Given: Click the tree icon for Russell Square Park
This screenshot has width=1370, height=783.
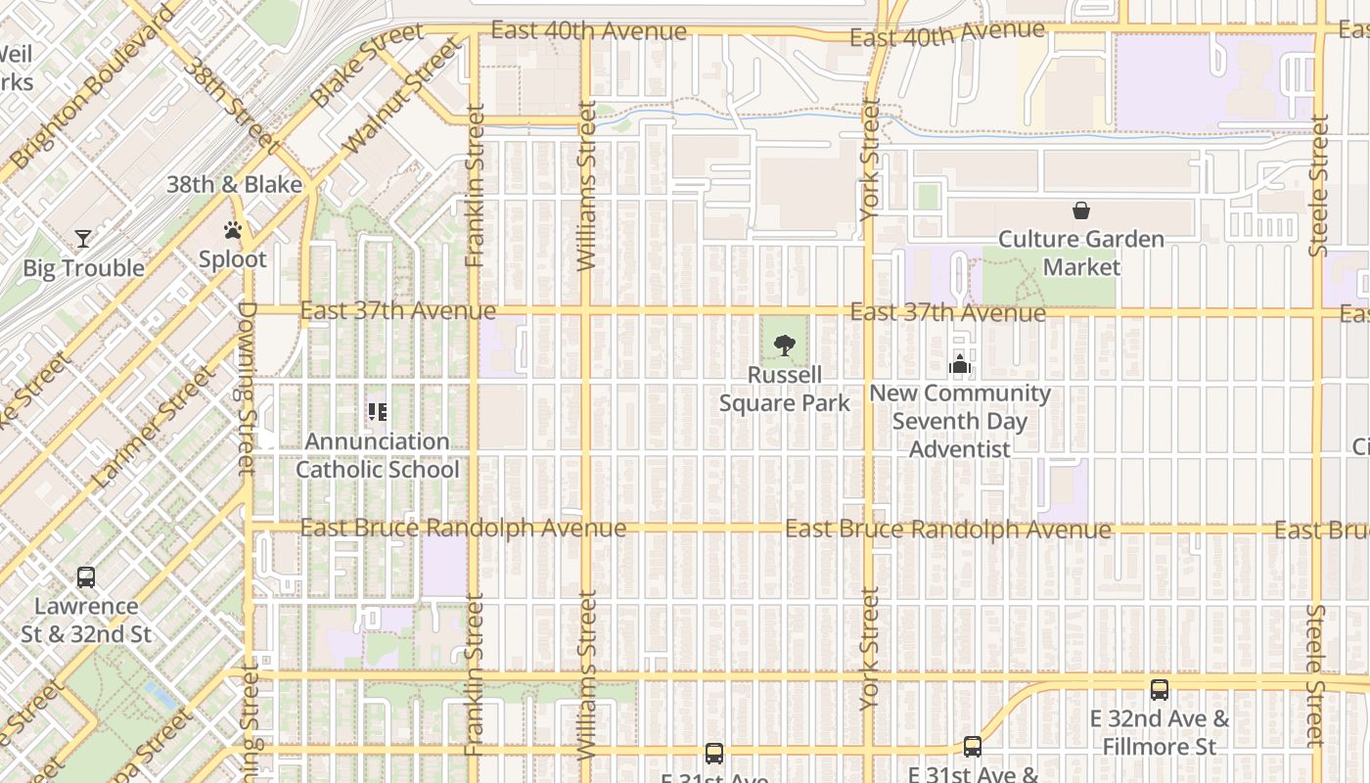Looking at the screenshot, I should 784,345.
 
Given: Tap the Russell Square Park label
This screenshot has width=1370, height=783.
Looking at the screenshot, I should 784,389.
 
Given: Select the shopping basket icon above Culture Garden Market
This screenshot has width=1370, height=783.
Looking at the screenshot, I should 1081,210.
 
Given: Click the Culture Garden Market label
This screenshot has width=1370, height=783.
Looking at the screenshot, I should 1081,253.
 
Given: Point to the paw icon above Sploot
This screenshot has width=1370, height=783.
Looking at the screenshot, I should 233,231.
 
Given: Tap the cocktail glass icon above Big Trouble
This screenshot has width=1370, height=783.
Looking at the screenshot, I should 83,239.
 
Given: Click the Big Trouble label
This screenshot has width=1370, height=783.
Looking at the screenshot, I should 83,268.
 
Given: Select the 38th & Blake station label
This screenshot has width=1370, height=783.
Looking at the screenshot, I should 235,184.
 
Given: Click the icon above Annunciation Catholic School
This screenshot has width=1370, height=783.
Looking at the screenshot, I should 378,412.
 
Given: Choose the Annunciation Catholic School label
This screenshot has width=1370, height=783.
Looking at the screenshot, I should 378,455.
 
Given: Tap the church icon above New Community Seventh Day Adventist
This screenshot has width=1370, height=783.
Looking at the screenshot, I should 959,365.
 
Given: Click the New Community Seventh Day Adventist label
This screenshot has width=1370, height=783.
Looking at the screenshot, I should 959,421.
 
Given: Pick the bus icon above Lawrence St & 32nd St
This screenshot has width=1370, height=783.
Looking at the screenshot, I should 86,577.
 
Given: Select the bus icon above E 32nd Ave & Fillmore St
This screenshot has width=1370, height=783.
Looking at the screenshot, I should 1160,689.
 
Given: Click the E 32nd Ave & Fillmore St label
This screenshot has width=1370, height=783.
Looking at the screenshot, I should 1160,733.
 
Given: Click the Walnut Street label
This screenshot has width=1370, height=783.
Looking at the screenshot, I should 401,96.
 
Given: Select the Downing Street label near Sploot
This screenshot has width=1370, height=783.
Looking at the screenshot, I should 246,387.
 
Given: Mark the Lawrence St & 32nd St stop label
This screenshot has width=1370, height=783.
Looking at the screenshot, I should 86,620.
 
